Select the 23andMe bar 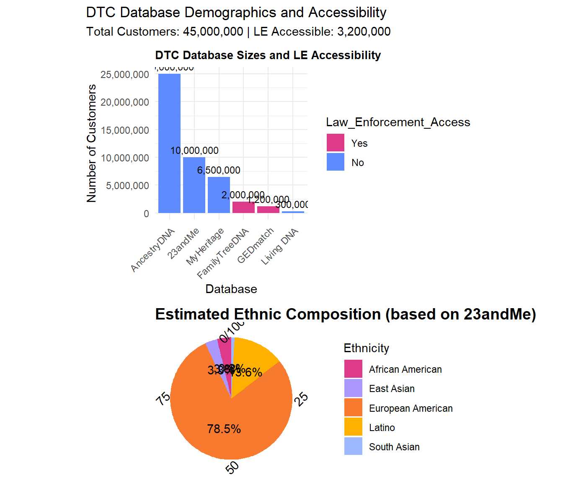[194, 185]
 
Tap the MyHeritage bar [219, 195]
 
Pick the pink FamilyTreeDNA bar [243, 208]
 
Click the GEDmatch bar [268, 210]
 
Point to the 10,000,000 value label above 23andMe [194, 151]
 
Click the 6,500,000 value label [219, 170]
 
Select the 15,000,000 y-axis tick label [125, 130]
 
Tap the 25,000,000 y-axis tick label [125, 75]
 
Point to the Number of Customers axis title [91, 143]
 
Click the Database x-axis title [231, 289]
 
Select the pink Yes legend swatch [336, 143]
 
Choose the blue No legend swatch [336, 162]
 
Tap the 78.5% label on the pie [224, 429]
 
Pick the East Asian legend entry [392, 389]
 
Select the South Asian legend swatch [353, 447]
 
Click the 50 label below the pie [232, 467]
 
